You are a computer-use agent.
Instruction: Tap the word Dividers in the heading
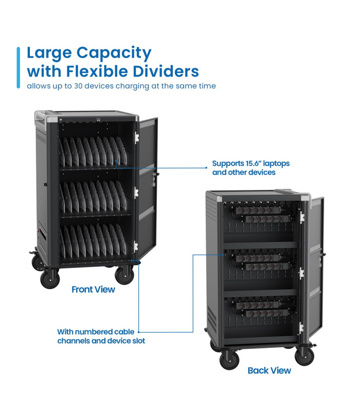(x=166, y=71)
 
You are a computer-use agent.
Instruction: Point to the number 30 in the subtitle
(x=78, y=86)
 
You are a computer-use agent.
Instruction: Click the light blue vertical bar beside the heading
(x=19, y=67)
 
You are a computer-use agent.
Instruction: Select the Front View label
(x=93, y=289)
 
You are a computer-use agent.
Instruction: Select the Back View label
(x=269, y=370)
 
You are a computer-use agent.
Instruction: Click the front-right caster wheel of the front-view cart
(x=124, y=275)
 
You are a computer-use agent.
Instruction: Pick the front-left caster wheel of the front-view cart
(x=50, y=279)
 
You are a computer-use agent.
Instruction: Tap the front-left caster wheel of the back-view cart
(x=229, y=360)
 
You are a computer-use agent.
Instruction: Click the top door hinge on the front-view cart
(x=136, y=138)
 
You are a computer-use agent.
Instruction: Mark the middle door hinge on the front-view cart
(x=136, y=193)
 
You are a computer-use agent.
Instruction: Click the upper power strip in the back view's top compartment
(x=257, y=210)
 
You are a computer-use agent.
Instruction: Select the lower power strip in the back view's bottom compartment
(x=266, y=313)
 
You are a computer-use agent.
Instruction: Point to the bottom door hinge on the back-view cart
(x=301, y=328)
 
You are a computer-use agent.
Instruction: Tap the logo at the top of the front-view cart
(x=98, y=120)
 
